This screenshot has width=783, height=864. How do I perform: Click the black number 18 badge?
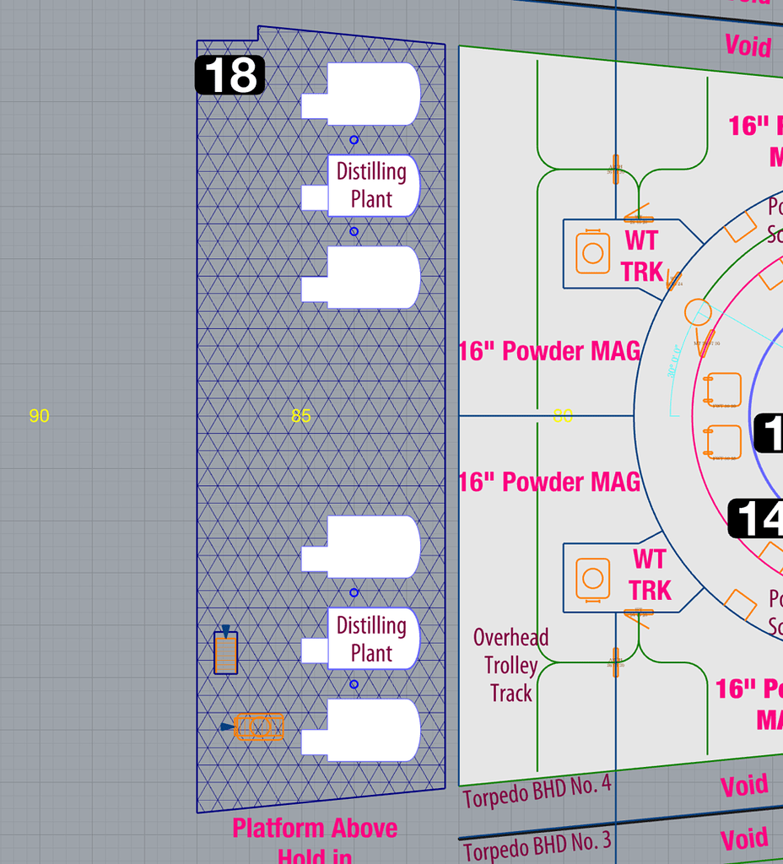point(229,75)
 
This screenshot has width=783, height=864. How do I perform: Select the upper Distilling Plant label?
point(371,185)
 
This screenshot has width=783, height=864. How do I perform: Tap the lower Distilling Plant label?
point(371,639)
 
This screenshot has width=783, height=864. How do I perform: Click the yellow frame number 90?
point(39,416)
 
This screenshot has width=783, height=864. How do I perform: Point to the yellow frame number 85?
point(301,416)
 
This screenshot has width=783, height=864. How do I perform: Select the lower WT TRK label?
point(650,575)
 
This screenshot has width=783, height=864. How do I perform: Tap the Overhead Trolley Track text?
point(511,665)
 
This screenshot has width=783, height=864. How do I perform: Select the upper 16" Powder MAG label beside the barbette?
point(549,351)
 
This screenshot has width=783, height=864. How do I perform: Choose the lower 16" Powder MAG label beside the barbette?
point(549,482)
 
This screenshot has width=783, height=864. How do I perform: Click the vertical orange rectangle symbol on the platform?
point(225,653)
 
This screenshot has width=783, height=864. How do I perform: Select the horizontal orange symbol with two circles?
point(259,726)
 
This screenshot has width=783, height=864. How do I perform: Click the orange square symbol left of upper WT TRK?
point(593,252)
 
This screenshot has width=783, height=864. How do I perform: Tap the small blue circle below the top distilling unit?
point(354,140)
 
